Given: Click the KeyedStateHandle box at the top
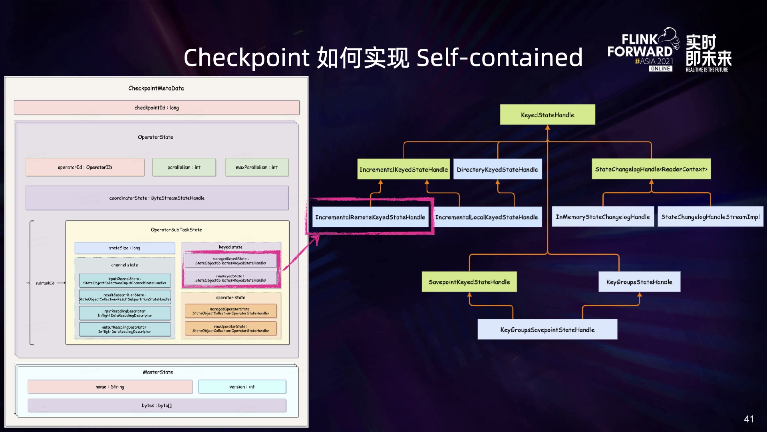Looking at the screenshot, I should pos(547,115).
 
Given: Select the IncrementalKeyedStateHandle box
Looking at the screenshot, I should pos(403,169).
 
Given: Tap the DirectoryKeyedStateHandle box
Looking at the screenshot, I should pos(497,169).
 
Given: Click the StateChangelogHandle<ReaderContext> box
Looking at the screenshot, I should pos(651,169).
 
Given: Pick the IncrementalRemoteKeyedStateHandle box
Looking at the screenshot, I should pos(370,217).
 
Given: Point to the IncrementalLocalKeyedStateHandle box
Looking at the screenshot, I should pos(487,217).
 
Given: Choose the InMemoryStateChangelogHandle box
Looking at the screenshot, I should pos(602,217).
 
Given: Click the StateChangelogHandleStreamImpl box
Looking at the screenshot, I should pos(710,217).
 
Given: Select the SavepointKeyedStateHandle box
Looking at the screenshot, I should pos(469,282).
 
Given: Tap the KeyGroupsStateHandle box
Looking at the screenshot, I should pos(639,282).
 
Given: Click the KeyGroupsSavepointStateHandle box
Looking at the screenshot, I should pos(547,330).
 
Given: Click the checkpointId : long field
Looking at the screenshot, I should pos(157,108).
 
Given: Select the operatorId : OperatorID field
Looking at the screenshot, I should pos(85,167).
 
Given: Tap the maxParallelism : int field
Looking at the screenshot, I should pos(256,167).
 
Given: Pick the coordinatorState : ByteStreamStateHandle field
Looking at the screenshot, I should pos(157,198).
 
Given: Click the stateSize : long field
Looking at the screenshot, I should pos(125,248).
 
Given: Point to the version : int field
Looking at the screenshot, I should pos(242,387).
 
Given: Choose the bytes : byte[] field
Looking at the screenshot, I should pos(157,406).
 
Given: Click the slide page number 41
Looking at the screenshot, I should pos(749,419).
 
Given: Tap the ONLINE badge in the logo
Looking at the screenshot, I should pos(660,69).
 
